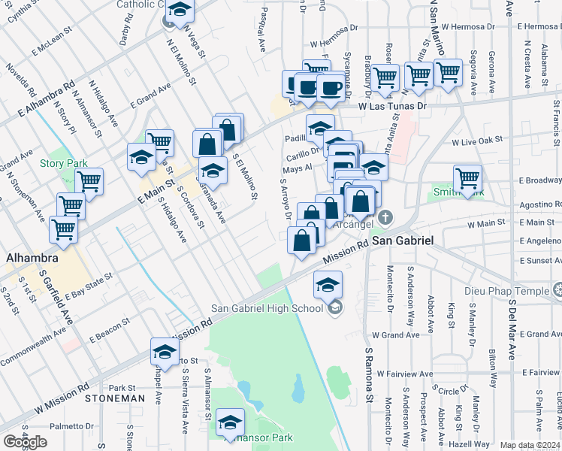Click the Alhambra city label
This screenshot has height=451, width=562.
pyautogui.click(x=33, y=259)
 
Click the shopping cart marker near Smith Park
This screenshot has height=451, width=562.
pyautogui.click(x=467, y=179)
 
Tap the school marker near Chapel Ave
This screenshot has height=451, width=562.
pyautogui.click(x=165, y=351)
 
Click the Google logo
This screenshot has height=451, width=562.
pyautogui.click(x=25, y=441)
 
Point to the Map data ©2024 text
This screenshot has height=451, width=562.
pyautogui.click(x=530, y=445)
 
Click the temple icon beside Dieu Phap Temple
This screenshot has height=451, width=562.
pyautogui.click(x=557, y=289)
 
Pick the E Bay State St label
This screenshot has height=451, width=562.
pyautogui.click(x=89, y=286)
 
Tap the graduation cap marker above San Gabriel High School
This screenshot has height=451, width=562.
pyautogui.click(x=328, y=285)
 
